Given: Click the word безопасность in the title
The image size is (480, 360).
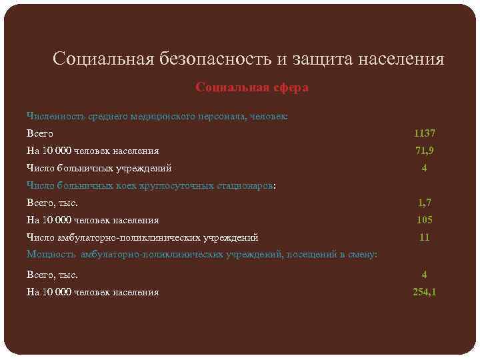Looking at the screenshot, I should click(214, 59).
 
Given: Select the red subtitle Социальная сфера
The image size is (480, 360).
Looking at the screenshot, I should click(252, 87).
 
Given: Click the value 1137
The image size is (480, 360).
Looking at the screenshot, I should click(424, 133).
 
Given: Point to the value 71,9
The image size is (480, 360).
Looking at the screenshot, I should click(424, 151).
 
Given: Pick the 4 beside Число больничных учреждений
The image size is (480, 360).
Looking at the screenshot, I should click(424, 168).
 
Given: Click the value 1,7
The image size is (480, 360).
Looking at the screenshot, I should click(424, 203).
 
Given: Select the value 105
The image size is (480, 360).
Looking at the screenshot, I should click(424, 220).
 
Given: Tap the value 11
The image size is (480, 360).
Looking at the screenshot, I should click(424, 237).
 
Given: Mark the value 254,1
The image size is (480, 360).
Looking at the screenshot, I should click(424, 291).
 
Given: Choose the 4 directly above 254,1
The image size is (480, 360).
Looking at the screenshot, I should click(424, 274).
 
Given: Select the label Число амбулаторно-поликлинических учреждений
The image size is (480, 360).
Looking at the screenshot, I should click(142, 237).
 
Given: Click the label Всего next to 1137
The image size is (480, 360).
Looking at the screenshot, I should click(40, 133).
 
